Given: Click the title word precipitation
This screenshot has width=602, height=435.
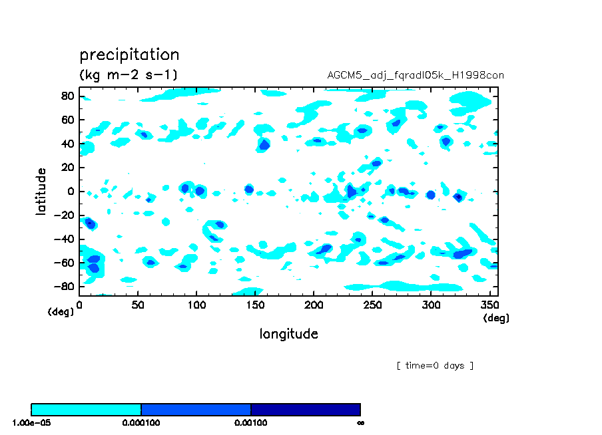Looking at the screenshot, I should (x=129, y=55).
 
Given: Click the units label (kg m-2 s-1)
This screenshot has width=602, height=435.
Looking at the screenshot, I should (x=129, y=74).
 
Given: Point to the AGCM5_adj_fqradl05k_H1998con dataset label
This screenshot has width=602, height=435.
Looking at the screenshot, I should (x=416, y=75).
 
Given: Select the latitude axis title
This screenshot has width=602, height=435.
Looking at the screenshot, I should (x=41, y=191).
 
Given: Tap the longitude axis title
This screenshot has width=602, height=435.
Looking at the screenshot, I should (x=288, y=334).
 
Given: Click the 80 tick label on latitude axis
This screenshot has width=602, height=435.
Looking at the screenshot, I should (x=67, y=96).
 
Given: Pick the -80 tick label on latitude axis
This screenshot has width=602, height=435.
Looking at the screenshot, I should (x=64, y=287).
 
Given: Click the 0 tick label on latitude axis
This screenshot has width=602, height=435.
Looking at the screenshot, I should (x=71, y=192).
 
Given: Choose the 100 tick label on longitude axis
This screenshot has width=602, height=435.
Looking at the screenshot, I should (x=196, y=305).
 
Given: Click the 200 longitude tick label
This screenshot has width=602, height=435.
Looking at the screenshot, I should (x=314, y=305).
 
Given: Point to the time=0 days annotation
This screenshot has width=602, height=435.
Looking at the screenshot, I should (x=435, y=366).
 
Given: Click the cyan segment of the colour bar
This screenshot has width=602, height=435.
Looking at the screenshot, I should (x=87, y=409).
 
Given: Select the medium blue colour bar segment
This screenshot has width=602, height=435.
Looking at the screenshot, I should (x=196, y=409).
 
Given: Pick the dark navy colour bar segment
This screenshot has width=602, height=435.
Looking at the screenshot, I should (x=305, y=409).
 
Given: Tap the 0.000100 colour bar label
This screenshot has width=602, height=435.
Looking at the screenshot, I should (x=141, y=422).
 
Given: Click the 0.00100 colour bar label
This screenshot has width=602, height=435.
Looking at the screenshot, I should (x=250, y=422).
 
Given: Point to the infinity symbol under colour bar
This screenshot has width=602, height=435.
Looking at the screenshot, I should (x=360, y=422).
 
